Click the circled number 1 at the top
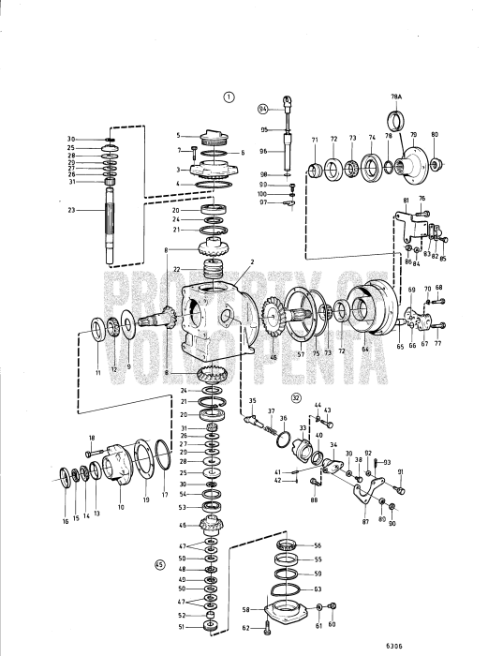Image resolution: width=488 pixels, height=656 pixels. (x=228, y=96)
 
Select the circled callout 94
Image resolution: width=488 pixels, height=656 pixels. (x=263, y=109)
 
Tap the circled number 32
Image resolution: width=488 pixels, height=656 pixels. (x=297, y=397)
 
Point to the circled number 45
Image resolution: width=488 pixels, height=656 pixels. (x=160, y=565)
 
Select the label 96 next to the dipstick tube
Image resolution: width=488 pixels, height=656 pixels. (x=264, y=151)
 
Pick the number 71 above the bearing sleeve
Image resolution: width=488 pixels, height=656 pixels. (x=315, y=139)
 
